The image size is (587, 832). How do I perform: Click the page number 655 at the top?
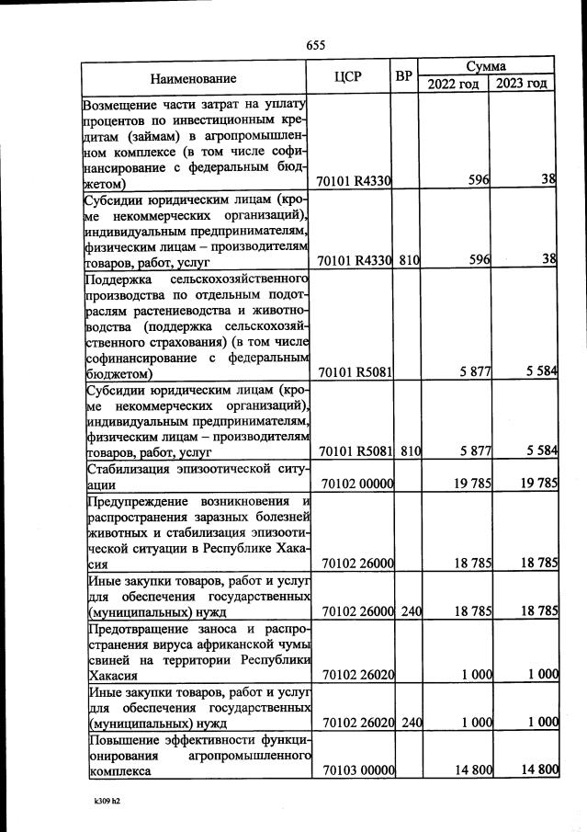tap(316, 45)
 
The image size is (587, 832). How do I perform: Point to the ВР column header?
tap(403, 75)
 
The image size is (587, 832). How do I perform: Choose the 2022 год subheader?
tap(454, 85)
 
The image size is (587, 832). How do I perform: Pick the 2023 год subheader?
tap(522, 85)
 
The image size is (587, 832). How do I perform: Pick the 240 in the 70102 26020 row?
tap(410, 723)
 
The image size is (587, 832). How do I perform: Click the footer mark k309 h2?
tap(100, 801)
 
